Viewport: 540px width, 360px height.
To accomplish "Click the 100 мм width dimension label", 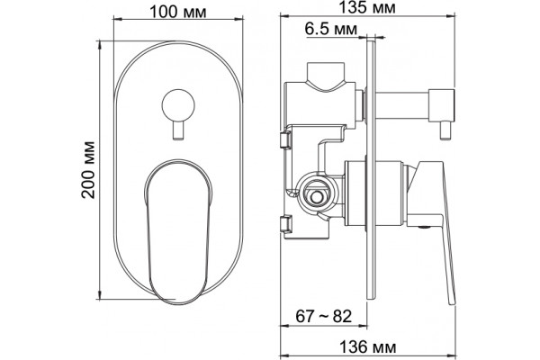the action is point(178,12).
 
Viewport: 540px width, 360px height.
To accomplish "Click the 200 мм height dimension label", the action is point(88,169).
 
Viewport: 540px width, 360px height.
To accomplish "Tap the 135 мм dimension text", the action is point(367,7).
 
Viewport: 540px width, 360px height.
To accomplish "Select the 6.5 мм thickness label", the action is point(331,30).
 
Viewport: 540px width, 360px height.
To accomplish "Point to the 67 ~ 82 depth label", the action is point(323,316).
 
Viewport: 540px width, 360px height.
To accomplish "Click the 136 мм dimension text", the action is point(367,346).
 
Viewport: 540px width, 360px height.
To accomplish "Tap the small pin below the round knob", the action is point(178,130).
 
